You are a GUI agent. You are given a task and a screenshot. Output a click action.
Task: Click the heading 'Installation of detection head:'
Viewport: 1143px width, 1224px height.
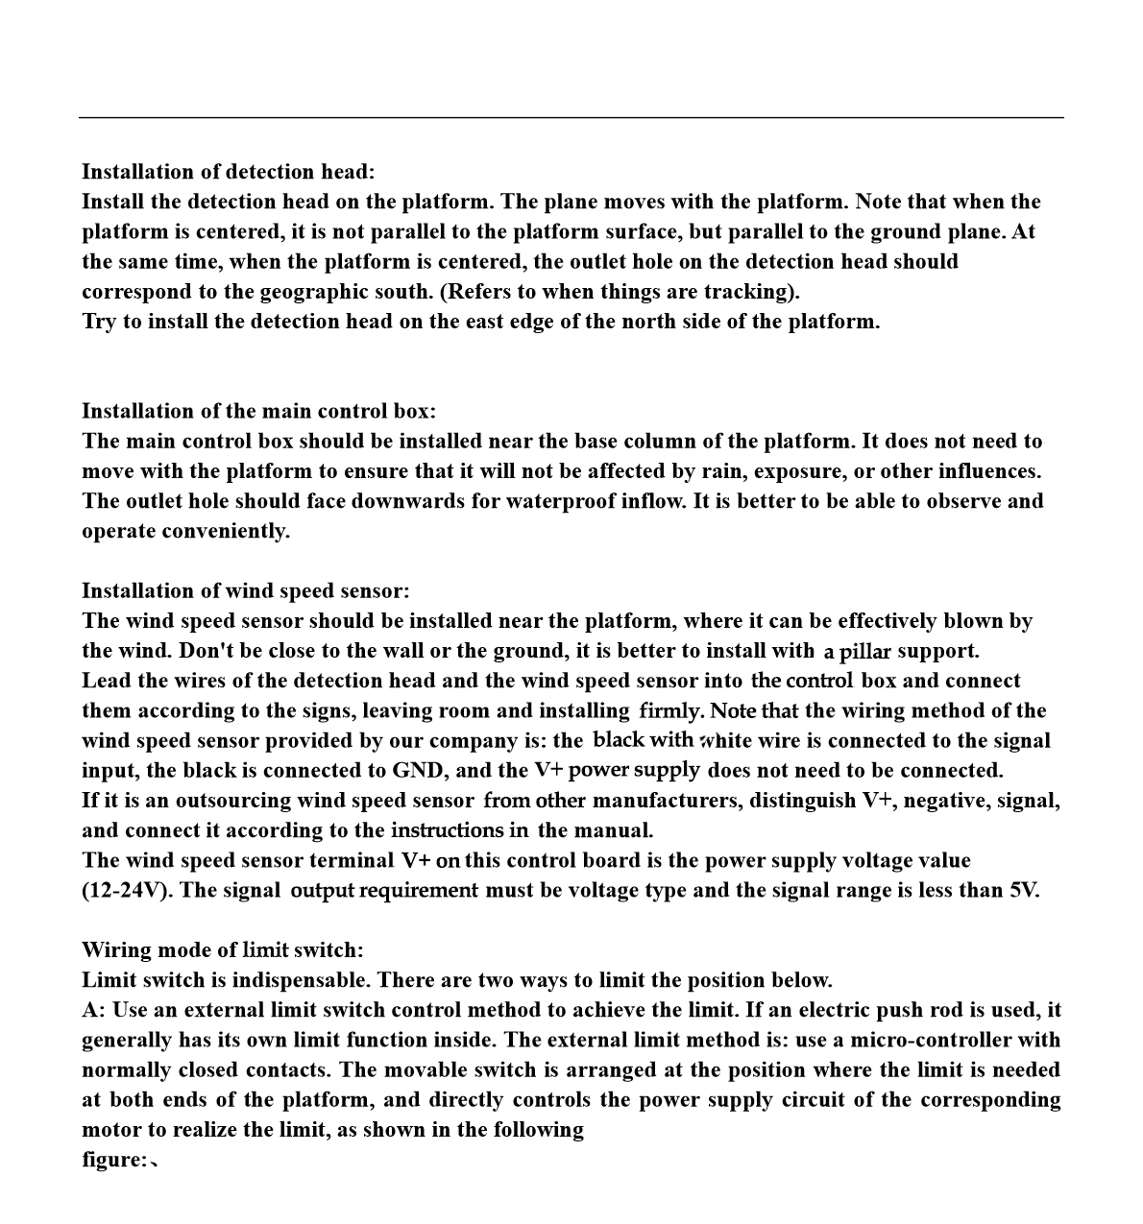point(228,172)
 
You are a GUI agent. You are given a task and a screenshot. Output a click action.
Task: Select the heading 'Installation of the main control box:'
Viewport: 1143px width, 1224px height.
point(258,411)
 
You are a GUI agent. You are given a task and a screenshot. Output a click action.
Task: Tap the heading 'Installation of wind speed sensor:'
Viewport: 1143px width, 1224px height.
point(245,590)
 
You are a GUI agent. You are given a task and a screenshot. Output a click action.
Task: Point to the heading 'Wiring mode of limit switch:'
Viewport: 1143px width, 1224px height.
point(223,950)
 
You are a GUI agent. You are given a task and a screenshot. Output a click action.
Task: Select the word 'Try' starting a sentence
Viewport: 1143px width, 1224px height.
point(99,322)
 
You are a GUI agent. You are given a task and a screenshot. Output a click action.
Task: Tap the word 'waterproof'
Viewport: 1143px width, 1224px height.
point(558,501)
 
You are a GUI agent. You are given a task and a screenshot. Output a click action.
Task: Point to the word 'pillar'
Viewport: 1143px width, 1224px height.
point(865,652)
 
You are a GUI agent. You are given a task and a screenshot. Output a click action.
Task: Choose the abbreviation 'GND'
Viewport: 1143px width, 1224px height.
point(416,771)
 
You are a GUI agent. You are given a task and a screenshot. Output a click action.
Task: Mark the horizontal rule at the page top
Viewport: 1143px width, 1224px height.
point(571,118)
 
